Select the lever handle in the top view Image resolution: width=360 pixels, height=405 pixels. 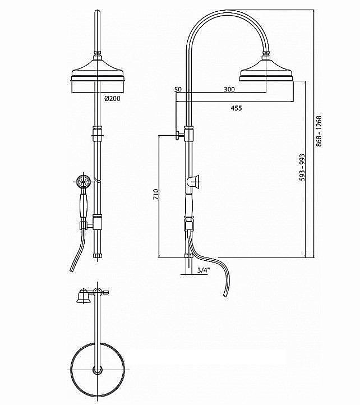point(82,296)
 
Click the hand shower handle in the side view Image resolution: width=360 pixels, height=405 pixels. point(189,203)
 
